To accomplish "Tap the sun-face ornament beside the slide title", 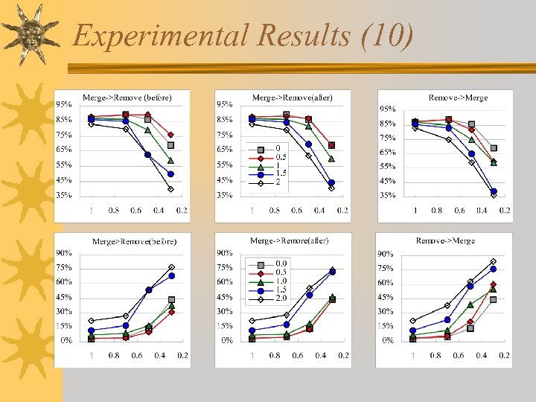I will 31,33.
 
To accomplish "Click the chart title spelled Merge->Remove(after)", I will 292,98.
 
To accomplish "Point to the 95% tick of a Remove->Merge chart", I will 387,109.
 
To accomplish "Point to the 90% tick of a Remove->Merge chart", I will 386,254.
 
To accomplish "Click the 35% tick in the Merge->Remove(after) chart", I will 225,195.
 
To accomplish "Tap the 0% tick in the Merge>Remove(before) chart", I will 67,340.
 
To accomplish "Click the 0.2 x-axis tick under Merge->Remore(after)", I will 342,356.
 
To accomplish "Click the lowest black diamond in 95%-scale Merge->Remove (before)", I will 170,189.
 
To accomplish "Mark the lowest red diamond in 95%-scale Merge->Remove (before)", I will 170,135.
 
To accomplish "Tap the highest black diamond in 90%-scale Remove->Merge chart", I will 493,261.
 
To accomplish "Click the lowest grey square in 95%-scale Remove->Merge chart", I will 493,148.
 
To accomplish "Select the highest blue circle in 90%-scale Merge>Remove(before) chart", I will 171,275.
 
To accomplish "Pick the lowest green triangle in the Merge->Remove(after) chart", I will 331,158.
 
